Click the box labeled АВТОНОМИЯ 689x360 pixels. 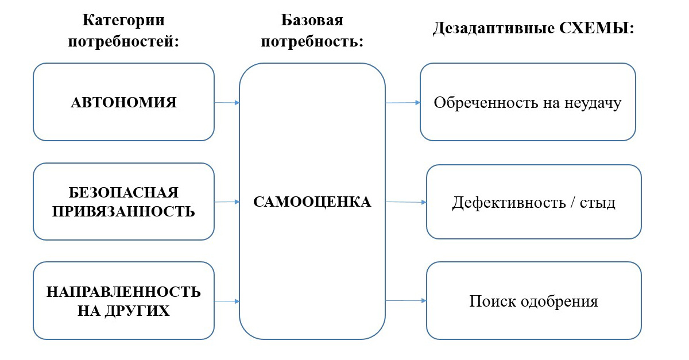click(x=123, y=102)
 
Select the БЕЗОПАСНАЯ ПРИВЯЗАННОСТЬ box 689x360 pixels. click(x=123, y=202)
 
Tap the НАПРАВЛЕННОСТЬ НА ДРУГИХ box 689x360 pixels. click(x=123, y=301)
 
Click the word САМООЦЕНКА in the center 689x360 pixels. click(x=312, y=202)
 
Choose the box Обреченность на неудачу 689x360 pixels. click(x=528, y=103)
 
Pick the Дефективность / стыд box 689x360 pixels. click(x=533, y=202)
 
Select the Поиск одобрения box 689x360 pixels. click(x=533, y=301)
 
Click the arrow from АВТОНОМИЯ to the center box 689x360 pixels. click(x=227, y=103)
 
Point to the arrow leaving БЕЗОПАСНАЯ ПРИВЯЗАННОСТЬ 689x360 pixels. click(x=227, y=202)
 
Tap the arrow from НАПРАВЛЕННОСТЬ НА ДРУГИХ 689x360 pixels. click(x=227, y=301)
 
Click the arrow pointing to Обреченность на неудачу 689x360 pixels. click(x=402, y=103)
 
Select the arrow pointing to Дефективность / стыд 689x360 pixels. click(x=405, y=202)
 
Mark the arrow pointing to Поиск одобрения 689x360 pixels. click(x=405, y=300)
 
